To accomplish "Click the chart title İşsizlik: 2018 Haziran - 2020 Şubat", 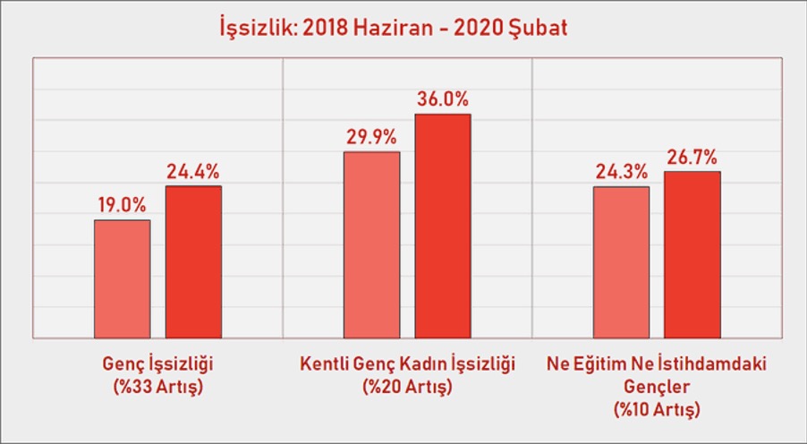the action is coord(393,27).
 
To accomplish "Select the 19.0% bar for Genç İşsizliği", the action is coord(123,279).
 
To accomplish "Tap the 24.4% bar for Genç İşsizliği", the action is coord(193,262).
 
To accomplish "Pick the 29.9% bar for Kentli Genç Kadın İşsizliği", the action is coord(372,245).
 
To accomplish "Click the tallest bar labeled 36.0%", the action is coord(443,226).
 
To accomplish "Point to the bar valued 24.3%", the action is coord(621,262).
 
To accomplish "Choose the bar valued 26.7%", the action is coord(692,255).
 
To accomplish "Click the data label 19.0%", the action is coord(123,206).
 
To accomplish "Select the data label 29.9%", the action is coord(371,138).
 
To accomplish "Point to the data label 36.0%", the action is coord(443,98).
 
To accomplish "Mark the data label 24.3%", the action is coord(622,172).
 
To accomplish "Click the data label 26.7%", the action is coord(692,157).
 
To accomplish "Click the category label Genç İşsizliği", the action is coord(158,364).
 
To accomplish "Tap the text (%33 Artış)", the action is coord(158,387).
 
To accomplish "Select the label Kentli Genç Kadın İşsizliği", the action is coord(408,364).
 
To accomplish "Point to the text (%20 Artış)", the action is coord(408,387).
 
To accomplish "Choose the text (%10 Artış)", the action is coord(657,409).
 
